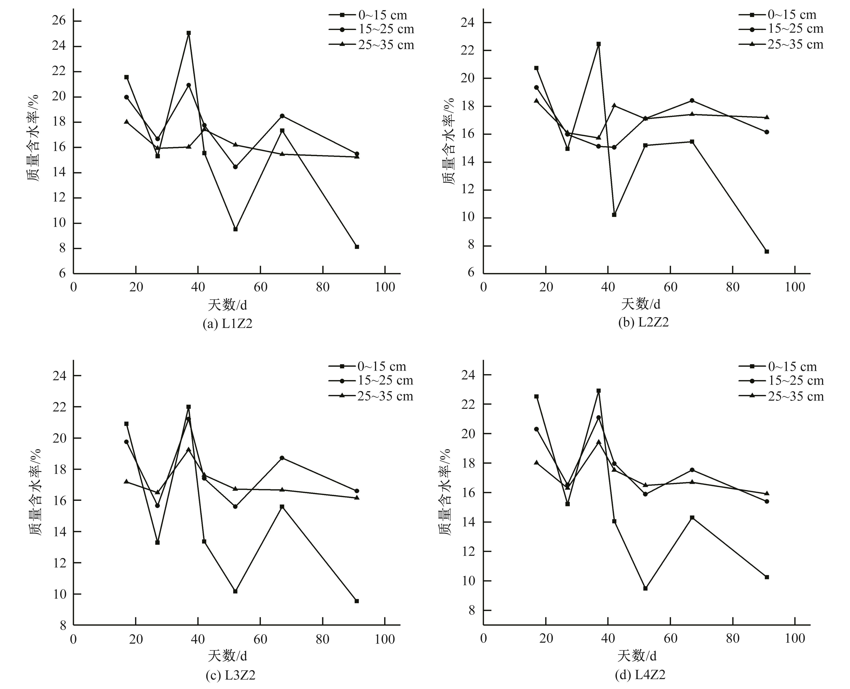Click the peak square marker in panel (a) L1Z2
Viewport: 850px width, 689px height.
[189, 33]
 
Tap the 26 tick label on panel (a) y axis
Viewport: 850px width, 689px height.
[59, 21]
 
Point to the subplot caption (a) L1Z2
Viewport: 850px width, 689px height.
[227, 324]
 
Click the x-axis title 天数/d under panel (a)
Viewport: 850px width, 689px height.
[227, 305]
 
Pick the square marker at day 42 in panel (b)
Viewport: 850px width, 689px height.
[614, 215]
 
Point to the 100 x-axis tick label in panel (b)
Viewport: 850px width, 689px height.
[795, 287]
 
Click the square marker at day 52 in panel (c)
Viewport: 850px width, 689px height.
[235, 591]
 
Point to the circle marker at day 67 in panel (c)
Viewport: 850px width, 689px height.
[282, 458]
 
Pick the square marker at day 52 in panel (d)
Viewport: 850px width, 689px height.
[645, 588]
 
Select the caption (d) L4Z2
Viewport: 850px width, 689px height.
[640, 674]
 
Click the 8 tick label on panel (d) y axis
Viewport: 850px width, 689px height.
[471, 610]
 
